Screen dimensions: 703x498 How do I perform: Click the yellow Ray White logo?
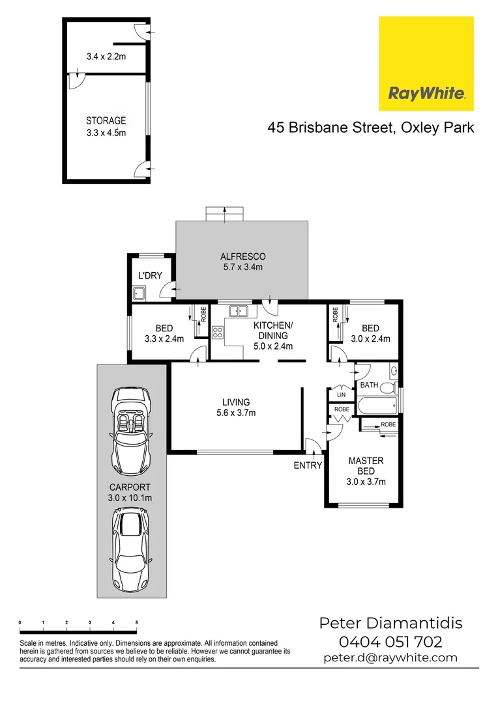coord(426,64)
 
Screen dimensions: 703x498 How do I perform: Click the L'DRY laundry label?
coord(151,275)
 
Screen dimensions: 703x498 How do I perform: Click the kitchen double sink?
coord(239,311)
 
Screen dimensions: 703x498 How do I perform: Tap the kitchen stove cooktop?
coord(218,333)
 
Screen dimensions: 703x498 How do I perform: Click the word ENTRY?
coord(308,465)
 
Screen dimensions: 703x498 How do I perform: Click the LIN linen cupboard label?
coord(341,394)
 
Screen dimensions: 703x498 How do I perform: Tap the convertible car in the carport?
coord(131,430)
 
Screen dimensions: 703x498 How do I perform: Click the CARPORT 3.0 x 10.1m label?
coord(130,492)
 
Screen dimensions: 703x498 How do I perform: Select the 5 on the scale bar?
coord(136,623)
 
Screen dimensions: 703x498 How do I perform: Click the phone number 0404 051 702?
coord(390,641)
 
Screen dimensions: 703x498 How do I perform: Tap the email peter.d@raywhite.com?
coord(390,657)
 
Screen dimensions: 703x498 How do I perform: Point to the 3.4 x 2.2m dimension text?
coord(106,57)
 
